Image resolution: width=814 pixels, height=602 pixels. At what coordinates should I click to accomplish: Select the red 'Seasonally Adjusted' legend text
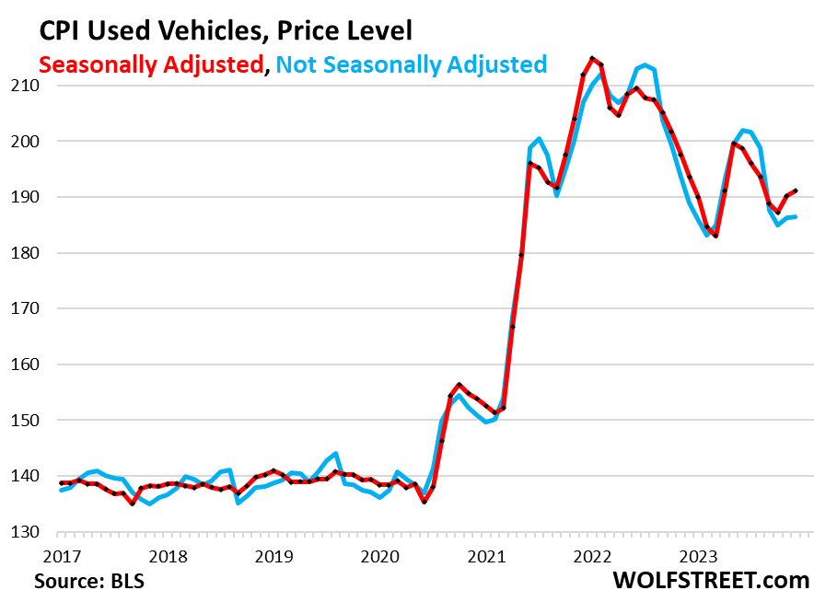pyautogui.click(x=150, y=64)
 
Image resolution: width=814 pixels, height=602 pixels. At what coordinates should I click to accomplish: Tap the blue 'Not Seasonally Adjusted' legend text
pyautogui.click(x=412, y=64)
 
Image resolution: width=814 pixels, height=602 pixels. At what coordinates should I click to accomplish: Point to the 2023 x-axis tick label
pyautogui.click(x=699, y=556)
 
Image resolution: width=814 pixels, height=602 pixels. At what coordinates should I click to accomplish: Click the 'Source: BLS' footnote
pyautogui.click(x=89, y=582)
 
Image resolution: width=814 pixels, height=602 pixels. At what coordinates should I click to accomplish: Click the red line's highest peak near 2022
pyautogui.click(x=592, y=58)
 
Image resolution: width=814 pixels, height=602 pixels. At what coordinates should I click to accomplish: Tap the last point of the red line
pyautogui.click(x=796, y=191)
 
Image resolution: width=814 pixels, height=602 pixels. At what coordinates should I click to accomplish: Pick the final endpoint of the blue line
pyautogui.click(x=796, y=217)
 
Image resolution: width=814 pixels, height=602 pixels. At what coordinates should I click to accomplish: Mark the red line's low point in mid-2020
pyautogui.click(x=424, y=502)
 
